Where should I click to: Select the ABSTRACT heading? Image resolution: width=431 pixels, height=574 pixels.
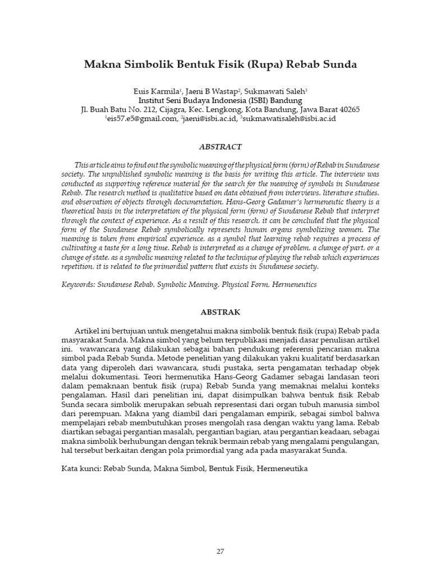pyautogui.click(x=221, y=147)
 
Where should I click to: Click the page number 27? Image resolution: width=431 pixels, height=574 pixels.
pyautogui.click(x=221, y=535)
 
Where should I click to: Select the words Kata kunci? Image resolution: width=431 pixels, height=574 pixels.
pyautogui.click(x=80, y=467)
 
